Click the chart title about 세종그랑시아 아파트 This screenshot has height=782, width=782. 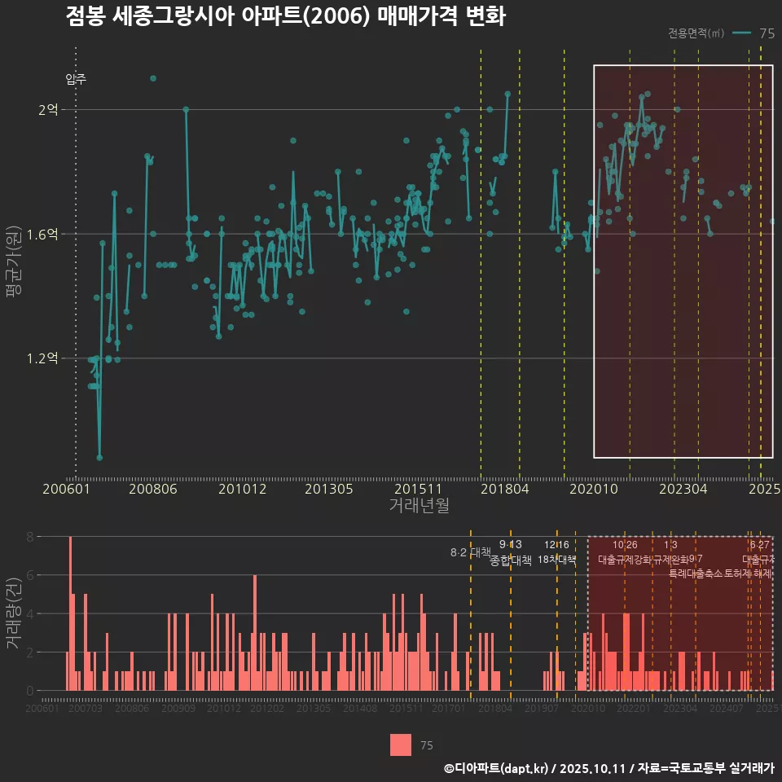(x=285, y=17)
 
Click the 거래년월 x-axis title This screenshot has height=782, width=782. (x=419, y=506)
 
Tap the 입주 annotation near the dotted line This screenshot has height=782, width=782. (x=77, y=79)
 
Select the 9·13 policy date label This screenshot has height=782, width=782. (x=511, y=544)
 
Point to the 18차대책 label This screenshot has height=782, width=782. (x=557, y=560)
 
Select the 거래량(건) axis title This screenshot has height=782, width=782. (x=13, y=613)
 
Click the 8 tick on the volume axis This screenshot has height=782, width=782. (x=29, y=537)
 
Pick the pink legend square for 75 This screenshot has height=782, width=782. (x=400, y=745)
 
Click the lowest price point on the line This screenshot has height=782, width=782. (x=99, y=458)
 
